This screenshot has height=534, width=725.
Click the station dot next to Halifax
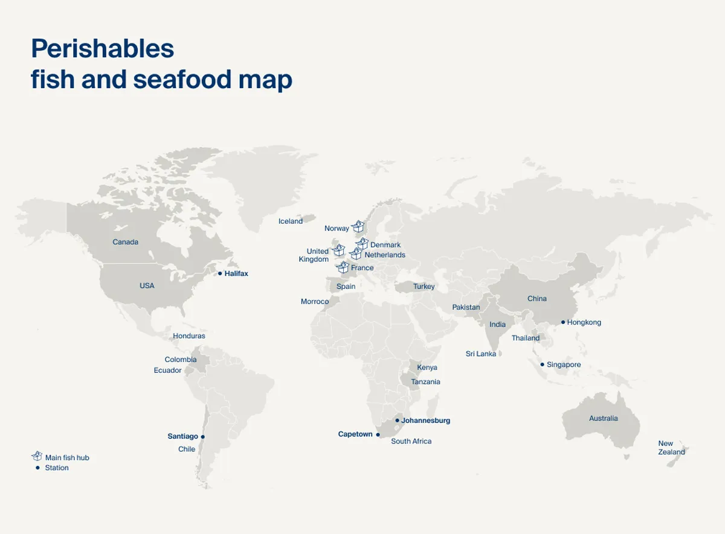click(x=220, y=273)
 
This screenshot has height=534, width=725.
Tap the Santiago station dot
click(x=203, y=436)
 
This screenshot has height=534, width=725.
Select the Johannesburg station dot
click(x=397, y=421)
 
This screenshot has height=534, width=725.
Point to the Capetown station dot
click(x=378, y=434)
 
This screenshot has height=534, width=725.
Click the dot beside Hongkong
click(x=563, y=322)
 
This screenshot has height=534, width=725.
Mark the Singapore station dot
click(x=543, y=364)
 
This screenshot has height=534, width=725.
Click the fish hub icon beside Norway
click(x=358, y=226)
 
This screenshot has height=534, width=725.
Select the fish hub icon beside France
click(x=343, y=267)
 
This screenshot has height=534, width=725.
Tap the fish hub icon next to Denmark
click(x=362, y=243)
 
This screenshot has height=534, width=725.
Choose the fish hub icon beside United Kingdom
click(x=338, y=250)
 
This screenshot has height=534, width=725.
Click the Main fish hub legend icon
click(x=37, y=456)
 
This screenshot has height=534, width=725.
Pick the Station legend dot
click(x=37, y=468)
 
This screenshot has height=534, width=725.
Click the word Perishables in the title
click(x=102, y=48)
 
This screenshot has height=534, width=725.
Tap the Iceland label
click(x=291, y=221)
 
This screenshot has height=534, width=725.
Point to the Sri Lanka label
click(x=481, y=354)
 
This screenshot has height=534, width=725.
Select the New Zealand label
click(x=671, y=448)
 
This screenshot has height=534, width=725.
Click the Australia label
click(x=604, y=418)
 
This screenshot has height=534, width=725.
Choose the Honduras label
click(x=189, y=335)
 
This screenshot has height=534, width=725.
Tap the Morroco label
click(x=315, y=301)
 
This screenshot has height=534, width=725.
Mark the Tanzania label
click(x=425, y=381)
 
